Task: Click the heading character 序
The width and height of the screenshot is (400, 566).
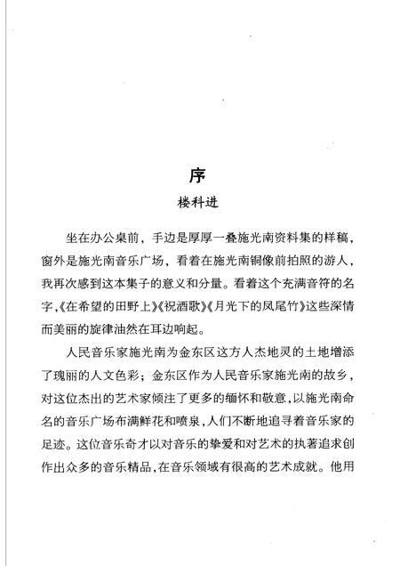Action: (x=199, y=173)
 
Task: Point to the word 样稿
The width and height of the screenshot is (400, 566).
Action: (x=328, y=236)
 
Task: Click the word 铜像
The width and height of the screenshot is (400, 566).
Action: (x=256, y=255)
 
